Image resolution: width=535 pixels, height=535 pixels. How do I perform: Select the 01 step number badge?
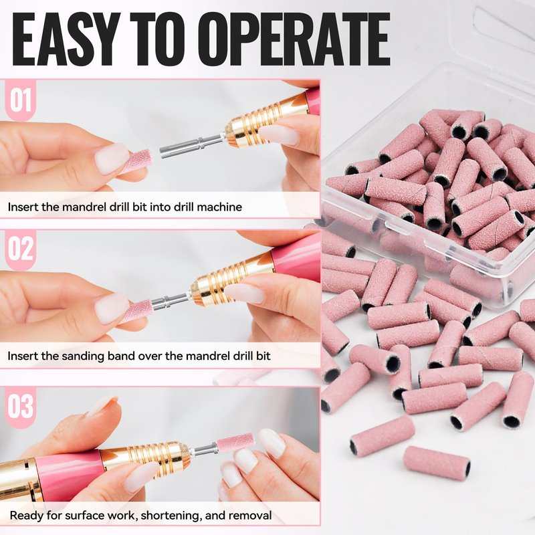click(x=21, y=100)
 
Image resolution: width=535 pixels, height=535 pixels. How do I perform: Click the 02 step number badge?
click(x=21, y=249)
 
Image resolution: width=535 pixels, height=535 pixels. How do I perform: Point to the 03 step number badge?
click(x=21, y=406)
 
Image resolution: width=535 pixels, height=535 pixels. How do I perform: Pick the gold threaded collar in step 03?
click(x=146, y=457)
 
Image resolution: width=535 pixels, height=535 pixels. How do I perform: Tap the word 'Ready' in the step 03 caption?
click(x=27, y=516)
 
